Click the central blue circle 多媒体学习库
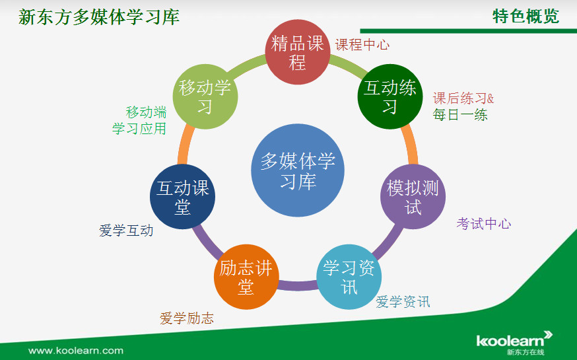[x=298, y=170]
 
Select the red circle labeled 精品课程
[x=298, y=52]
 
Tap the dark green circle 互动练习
[x=390, y=97]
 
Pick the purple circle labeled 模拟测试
[x=413, y=197]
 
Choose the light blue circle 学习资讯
[x=349, y=277]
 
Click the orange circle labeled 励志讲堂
[x=246, y=277]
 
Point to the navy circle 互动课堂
[x=182, y=197]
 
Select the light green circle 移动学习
[x=205, y=97]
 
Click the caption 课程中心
[x=362, y=45]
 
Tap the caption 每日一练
[x=460, y=115]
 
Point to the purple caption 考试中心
[x=483, y=223]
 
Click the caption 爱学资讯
[x=403, y=302]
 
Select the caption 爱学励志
[x=187, y=318]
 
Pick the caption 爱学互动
[x=126, y=231]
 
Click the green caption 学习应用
[x=139, y=128]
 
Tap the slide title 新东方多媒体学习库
[x=98, y=17]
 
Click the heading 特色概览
[x=526, y=17]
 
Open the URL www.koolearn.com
[x=75, y=351]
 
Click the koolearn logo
[x=514, y=342]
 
